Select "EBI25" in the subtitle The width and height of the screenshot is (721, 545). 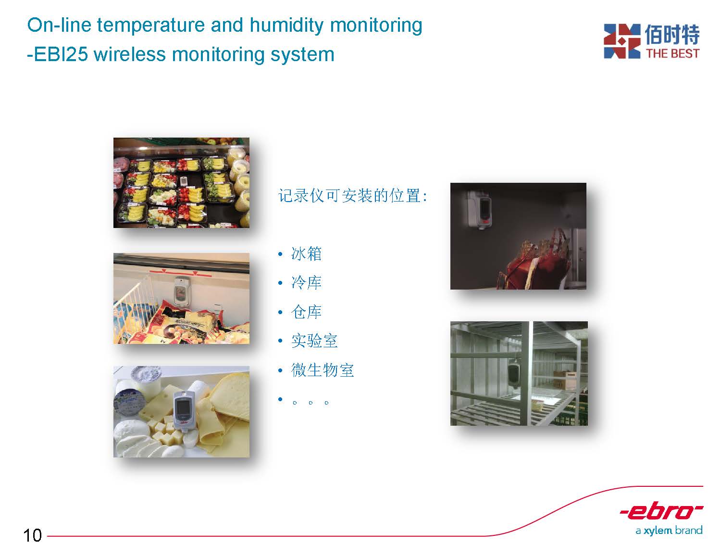pyautogui.click(x=61, y=54)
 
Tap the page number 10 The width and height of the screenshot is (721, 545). pyautogui.click(x=32, y=535)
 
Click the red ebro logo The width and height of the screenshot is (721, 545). pyautogui.click(x=661, y=511)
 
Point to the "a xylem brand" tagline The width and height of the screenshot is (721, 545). pyautogui.click(x=669, y=531)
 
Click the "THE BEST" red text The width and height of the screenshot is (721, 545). pyautogui.click(x=672, y=53)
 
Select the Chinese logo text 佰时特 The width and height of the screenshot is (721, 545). pyautogui.click(x=671, y=34)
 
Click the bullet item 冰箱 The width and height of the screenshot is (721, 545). pyautogui.click(x=306, y=254)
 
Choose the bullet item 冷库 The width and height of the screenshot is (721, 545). pyautogui.click(x=306, y=283)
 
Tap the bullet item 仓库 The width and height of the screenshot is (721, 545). pyautogui.click(x=306, y=312)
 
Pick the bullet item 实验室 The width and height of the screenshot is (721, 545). pyautogui.click(x=314, y=341)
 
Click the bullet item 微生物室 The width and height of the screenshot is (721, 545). pyautogui.click(x=322, y=370)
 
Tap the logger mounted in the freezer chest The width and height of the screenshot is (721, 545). pyautogui.click(x=180, y=291)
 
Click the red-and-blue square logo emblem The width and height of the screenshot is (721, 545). pyautogui.click(x=622, y=41)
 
